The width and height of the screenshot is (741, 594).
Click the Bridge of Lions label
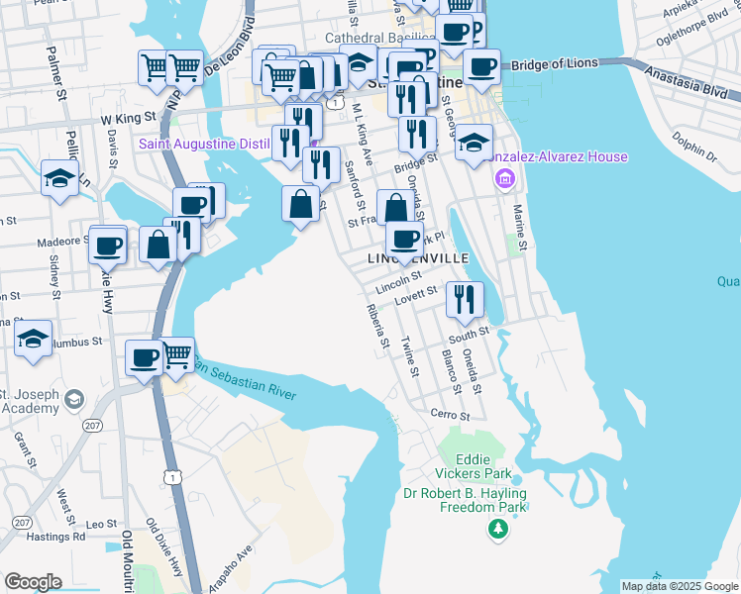(x=555, y=63)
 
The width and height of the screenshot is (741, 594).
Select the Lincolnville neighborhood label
(x=417, y=257)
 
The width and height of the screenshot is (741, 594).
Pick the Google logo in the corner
(x=33, y=582)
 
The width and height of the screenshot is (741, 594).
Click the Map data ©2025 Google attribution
(x=679, y=586)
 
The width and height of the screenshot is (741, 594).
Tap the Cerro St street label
(x=448, y=415)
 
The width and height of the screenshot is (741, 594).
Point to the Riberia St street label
(x=376, y=329)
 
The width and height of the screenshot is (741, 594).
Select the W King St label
(x=129, y=117)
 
